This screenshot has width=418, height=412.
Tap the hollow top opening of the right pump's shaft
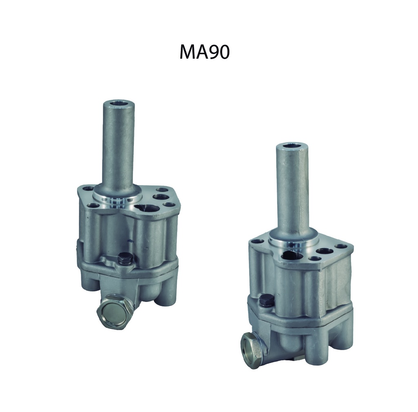tap(292, 145)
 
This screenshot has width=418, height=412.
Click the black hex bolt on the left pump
tap(125, 258)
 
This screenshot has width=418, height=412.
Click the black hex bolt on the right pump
tap(266, 300)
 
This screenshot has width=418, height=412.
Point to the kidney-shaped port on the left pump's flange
tap(146, 207)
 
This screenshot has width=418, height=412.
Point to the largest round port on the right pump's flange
tap(292, 255)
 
